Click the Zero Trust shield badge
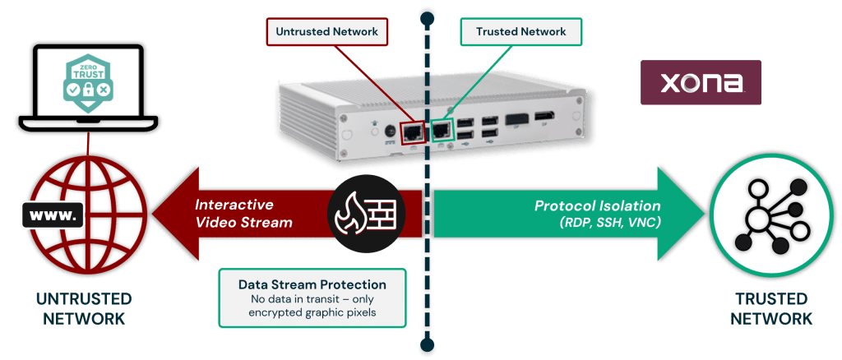pyautogui.click(x=85, y=81)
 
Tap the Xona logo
pyautogui.click(x=701, y=82)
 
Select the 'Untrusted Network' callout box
pyautogui.click(x=327, y=32)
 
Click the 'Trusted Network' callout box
pyautogui.click(x=520, y=32)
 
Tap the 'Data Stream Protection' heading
pyautogui.click(x=312, y=284)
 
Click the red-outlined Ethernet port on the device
pyautogui.click(x=412, y=130)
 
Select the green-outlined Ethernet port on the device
pyautogui.click(x=442, y=130)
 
